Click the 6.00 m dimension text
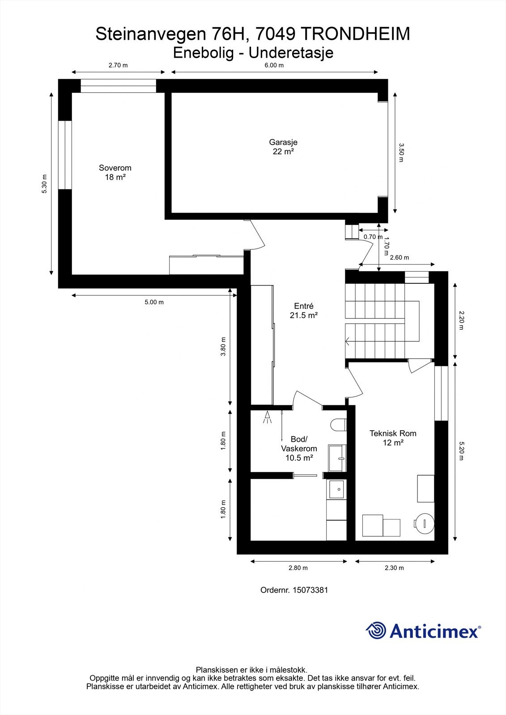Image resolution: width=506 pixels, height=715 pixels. click(x=274, y=65)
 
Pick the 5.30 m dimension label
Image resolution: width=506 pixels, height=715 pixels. click(x=44, y=184)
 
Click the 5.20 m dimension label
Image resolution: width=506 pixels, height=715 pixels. click(x=461, y=451)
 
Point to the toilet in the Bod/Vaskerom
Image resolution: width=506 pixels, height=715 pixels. click(x=339, y=425)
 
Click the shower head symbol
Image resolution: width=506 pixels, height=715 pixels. click(x=267, y=417)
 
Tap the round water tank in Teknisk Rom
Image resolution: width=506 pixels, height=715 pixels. click(x=424, y=523)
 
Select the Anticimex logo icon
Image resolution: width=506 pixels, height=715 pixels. click(x=376, y=630)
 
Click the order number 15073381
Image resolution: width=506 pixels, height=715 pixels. click(x=310, y=590)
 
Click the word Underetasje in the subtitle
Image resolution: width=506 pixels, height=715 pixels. click(x=291, y=53)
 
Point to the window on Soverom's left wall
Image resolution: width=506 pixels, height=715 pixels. click(x=65, y=155)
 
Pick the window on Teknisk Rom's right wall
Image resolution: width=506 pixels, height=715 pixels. click(x=441, y=393)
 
